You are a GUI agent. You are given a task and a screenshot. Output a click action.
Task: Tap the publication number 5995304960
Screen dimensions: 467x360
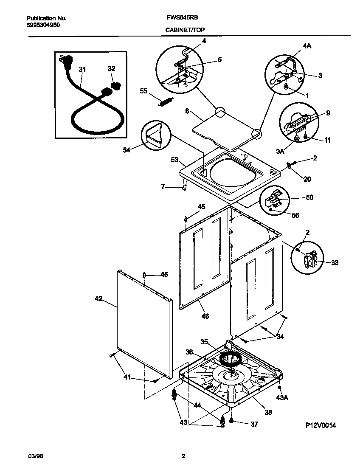43,25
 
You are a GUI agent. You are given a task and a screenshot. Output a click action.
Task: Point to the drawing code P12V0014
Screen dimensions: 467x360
321,425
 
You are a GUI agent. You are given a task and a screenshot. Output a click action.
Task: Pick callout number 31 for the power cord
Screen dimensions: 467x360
82,69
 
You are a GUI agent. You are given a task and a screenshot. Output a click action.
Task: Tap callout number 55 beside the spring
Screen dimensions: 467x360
143,91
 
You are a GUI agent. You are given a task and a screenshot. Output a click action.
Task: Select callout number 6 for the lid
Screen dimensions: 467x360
187,111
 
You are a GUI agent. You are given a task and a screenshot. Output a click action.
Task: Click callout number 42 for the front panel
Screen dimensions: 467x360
98,299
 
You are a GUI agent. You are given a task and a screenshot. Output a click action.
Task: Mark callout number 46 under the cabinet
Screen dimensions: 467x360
205,316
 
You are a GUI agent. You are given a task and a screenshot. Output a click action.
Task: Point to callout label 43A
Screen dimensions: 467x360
282,397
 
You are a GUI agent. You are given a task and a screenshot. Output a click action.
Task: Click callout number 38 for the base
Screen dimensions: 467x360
268,412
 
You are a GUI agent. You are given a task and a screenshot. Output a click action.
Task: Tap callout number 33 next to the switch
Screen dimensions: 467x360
335,263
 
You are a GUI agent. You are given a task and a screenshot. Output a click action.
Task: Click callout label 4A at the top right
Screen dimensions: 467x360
307,46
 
